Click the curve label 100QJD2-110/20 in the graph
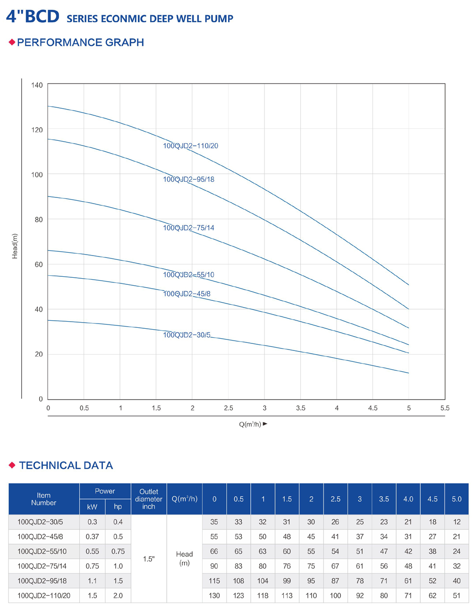click(x=190, y=146)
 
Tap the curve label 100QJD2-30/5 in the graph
click(x=187, y=335)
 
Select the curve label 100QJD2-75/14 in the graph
click(x=188, y=228)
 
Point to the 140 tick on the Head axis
click(x=37, y=85)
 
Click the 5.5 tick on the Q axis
click(x=445, y=408)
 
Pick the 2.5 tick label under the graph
click(x=229, y=408)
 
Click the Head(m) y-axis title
click(x=15, y=246)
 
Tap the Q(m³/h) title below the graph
click(x=250, y=424)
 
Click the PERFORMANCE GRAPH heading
click(x=80, y=43)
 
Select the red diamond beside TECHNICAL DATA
click(x=12, y=465)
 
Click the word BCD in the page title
click(x=42, y=17)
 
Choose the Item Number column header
click(x=44, y=499)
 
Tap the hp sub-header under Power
click(x=118, y=507)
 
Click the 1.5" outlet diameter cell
click(x=149, y=559)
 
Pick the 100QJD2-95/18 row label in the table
click(x=42, y=581)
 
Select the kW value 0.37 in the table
click(x=92, y=537)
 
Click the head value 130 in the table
click(x=214, y=596)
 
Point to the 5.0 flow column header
click(x=457, y=499)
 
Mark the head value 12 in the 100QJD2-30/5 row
click(x=457, y=522)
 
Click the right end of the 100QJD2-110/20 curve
click(x=408, y=285)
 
